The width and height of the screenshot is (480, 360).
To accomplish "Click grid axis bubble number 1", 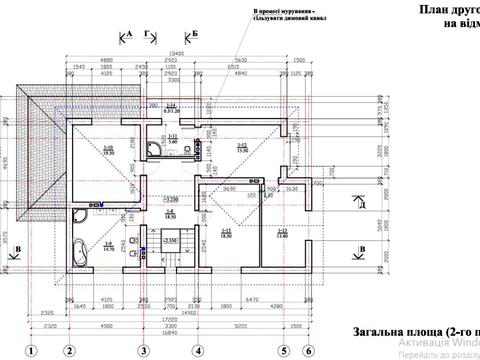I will point(32,351).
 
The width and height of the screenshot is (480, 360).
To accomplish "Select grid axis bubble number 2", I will point(69,351).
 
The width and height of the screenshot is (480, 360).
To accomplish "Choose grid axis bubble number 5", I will point(285,351).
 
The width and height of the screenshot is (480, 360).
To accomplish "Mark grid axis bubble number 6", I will point(309,351).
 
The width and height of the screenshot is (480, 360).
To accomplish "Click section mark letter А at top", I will point(130,35).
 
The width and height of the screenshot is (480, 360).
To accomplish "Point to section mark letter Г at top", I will point(148,35).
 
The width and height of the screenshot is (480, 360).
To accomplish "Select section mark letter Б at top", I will point(195,35).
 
